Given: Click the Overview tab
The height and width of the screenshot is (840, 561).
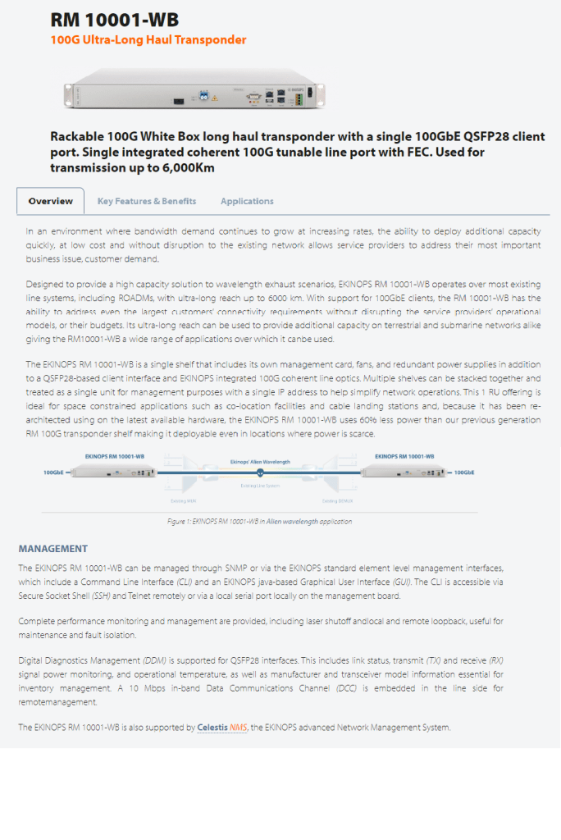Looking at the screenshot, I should (x=51, y=201).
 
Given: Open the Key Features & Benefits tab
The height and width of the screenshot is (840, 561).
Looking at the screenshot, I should (x=147, y=201).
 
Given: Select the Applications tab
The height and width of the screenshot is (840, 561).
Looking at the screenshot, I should (x=247, y=201).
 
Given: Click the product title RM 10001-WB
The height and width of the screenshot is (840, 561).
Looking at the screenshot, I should (x=114, y=20).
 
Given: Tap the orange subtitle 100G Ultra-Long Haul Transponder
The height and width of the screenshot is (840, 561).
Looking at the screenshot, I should (x=148, y=39).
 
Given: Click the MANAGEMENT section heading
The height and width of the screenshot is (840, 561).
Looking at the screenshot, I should (x=53, y=548).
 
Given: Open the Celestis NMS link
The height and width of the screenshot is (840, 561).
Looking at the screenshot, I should (x=221, y=728).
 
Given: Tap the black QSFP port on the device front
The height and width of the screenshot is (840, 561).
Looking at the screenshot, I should (x=178, y=101).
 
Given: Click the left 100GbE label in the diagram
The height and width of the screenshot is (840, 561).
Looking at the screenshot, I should (x=55, y=472).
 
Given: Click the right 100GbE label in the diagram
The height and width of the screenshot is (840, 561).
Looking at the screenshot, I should (x=465, y=472).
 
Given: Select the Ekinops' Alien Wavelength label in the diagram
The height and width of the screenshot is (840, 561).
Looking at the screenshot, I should (x=261, y=462).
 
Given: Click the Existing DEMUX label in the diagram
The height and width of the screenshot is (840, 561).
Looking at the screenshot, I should (x=337, y=500).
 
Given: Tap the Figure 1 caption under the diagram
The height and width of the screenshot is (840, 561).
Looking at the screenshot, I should (x=260, y=521).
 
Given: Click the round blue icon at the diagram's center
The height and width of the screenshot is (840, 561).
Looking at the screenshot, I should (x=260, y=472).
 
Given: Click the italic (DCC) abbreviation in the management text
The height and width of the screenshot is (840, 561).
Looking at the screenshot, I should (x=346, y=688).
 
